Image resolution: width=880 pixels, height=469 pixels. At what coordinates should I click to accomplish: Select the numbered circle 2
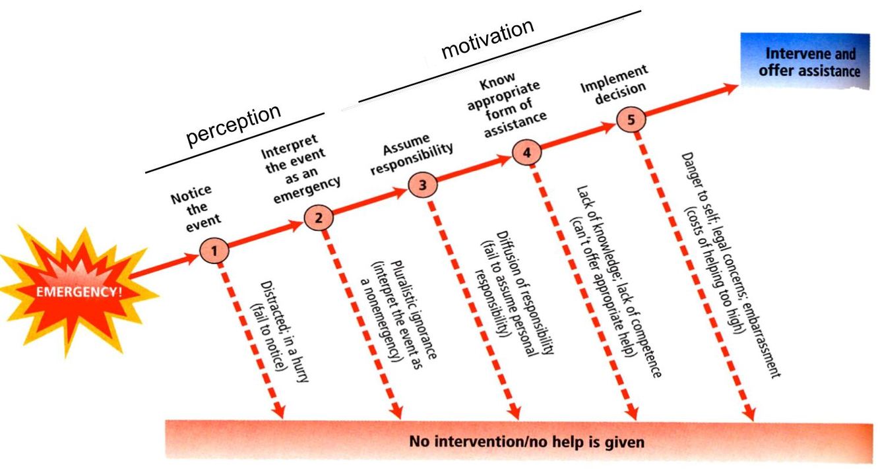point(319,218)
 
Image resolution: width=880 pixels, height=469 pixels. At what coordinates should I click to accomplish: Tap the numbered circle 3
point(422,185)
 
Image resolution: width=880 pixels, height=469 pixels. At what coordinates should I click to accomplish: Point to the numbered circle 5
point(630,120)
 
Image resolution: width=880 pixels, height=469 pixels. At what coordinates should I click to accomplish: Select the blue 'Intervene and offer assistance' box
point(809,61)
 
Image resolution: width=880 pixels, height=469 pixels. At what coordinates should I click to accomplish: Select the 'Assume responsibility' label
point(410,154)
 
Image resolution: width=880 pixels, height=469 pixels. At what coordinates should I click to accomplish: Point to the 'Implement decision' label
point(613,83)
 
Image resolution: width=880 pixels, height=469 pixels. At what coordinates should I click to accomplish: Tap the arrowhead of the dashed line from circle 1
point(279,411)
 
